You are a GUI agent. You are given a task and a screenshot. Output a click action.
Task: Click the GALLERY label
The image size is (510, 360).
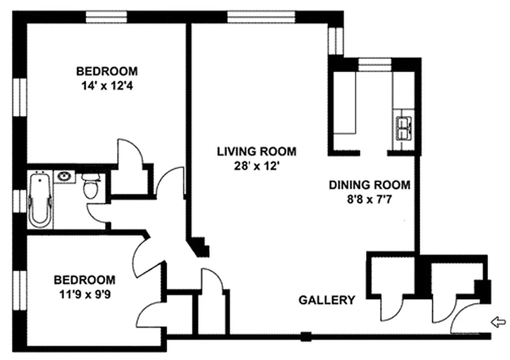[327, 300]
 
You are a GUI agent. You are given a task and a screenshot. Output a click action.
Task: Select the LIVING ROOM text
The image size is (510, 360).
[257, 151]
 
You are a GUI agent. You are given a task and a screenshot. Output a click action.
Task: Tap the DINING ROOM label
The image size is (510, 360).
[369, 184]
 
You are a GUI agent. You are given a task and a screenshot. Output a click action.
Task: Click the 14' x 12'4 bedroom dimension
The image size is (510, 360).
[107, 85]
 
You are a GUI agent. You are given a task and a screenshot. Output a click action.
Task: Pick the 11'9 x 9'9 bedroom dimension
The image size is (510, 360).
[84, 294]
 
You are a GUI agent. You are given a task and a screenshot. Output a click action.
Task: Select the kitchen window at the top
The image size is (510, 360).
[375, 64]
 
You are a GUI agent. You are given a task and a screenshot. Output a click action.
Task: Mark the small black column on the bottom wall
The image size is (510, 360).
[306, 335]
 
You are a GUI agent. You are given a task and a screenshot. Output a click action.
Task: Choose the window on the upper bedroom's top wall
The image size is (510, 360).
[107, 17]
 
